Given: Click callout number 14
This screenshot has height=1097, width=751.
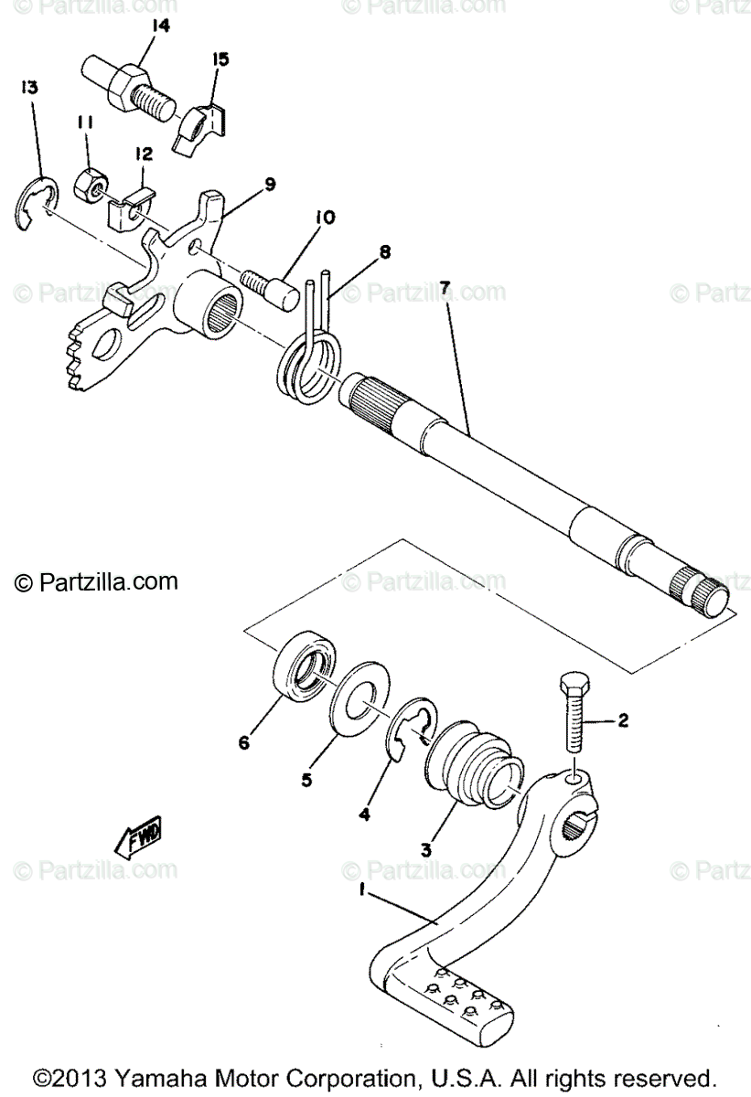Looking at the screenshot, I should (160, 27).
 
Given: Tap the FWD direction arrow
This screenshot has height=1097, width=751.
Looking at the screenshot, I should (139, 836).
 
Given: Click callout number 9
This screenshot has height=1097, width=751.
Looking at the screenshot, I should (269, 184).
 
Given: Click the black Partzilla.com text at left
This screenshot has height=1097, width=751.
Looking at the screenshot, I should (95, 581).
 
